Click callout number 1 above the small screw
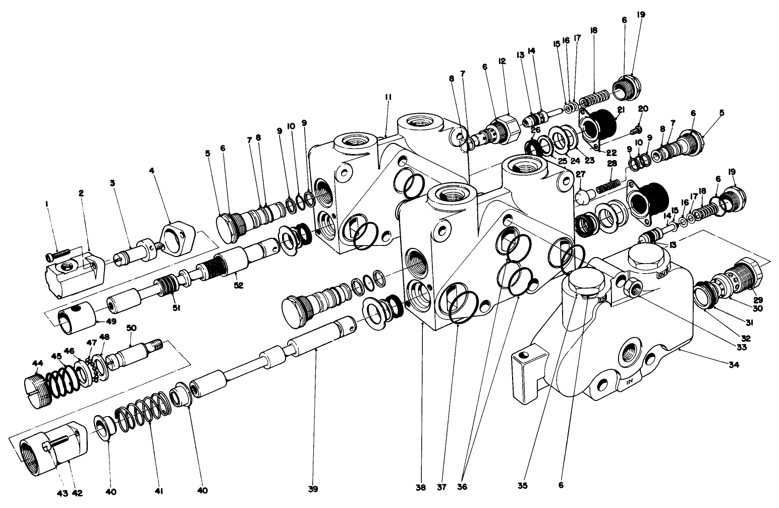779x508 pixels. click(46, 204)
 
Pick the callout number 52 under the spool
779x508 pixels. click(238, 285)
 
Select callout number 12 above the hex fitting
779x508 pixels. click(502, 61)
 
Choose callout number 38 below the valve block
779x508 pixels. click(421, 487)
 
